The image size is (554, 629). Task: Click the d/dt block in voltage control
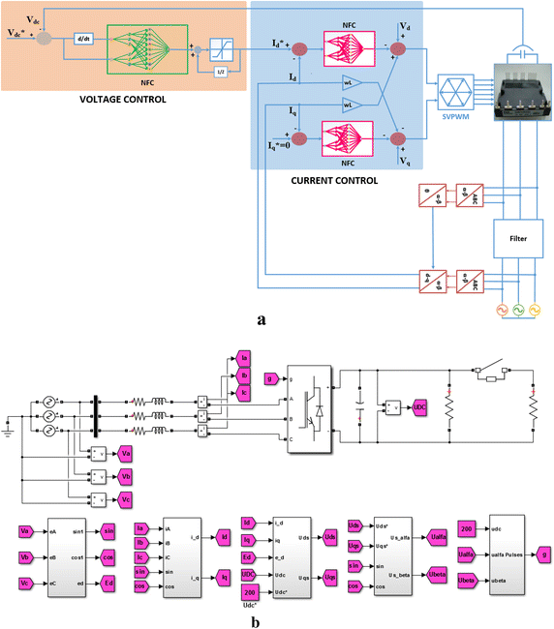click(x=80, y=39)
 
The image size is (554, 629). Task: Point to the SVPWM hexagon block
click(x=462, y=100)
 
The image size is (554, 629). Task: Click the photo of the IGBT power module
click(x=523, y=94)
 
